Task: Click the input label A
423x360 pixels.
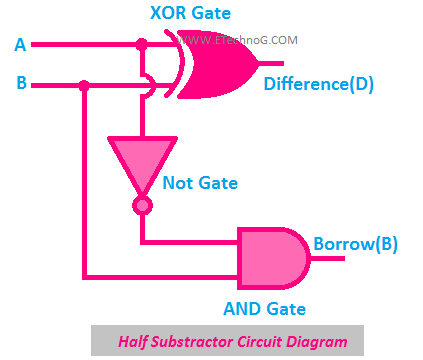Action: point(21,45)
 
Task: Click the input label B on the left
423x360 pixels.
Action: point(21,83)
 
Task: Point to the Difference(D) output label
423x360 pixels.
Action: point(318,84)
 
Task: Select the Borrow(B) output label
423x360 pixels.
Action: point(357,244)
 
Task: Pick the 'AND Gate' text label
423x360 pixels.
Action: point(263,309)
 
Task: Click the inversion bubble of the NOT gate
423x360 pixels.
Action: point(142,205)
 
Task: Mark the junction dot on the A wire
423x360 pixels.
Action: point(142,45)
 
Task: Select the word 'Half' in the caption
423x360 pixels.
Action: point(136,342)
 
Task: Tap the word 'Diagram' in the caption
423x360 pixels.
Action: point(317,342)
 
